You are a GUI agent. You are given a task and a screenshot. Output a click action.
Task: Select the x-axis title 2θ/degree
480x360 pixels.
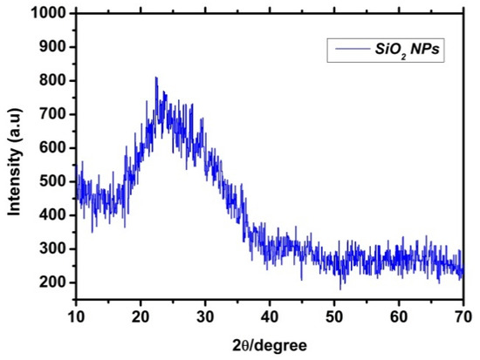click(x=270, y=345)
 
